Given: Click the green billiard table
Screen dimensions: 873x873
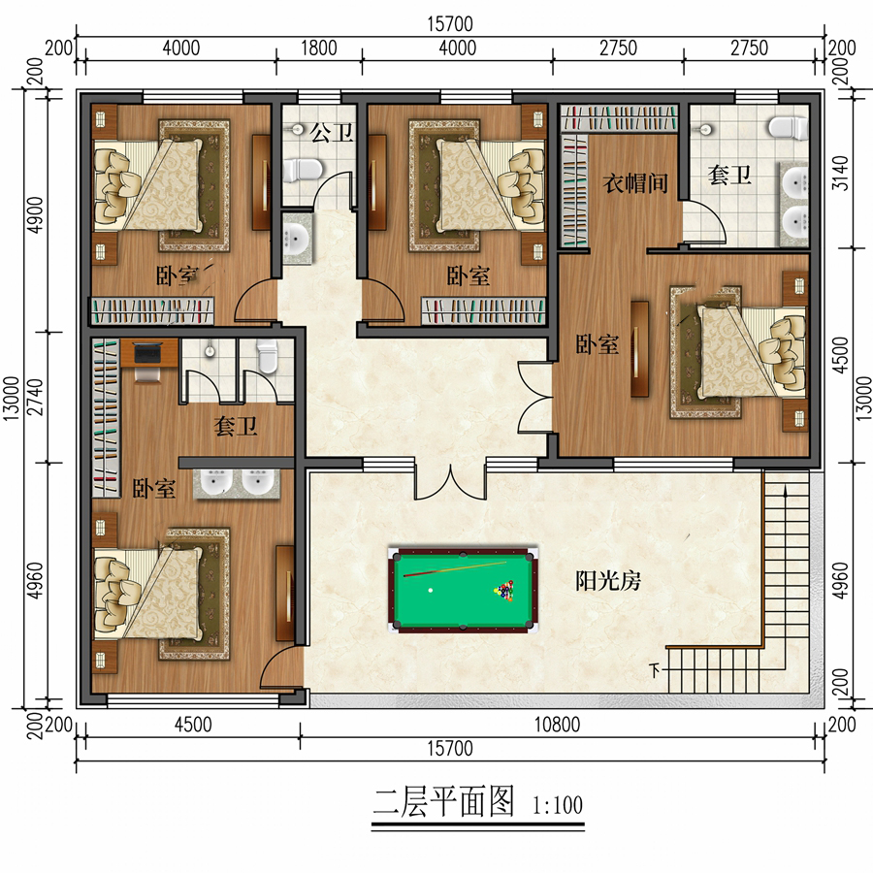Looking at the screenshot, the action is pos(464,590).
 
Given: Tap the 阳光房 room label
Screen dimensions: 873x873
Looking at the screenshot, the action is pos(608,581).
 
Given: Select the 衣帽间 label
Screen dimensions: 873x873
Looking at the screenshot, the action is pos(635,182).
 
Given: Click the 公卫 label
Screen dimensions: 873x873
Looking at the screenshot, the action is pos(332,133).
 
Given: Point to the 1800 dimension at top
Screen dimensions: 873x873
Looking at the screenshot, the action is pos(319,48).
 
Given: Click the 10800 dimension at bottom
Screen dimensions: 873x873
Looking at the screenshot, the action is pos(557,725).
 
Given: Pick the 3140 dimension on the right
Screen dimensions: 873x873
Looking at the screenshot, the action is pos(841,174).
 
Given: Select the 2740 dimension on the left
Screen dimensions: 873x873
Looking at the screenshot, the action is pos(35,397).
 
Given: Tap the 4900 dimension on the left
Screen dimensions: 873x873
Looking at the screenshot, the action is pos(35,215).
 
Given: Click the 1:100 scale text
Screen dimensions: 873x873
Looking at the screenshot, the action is pos(558,804).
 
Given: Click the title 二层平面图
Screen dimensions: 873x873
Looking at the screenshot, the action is pos(442,802).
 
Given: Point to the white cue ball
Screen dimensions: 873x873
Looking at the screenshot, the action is pos(431,590).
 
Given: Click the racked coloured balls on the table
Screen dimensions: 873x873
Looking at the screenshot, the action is pos(504,591).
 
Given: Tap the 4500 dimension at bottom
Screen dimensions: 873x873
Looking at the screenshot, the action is pos(193,725).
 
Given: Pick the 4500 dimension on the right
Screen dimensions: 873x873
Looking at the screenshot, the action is pos(841,355).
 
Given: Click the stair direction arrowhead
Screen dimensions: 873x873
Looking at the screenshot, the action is pos(785,490).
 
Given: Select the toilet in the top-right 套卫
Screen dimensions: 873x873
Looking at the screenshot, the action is pos(788,127).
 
